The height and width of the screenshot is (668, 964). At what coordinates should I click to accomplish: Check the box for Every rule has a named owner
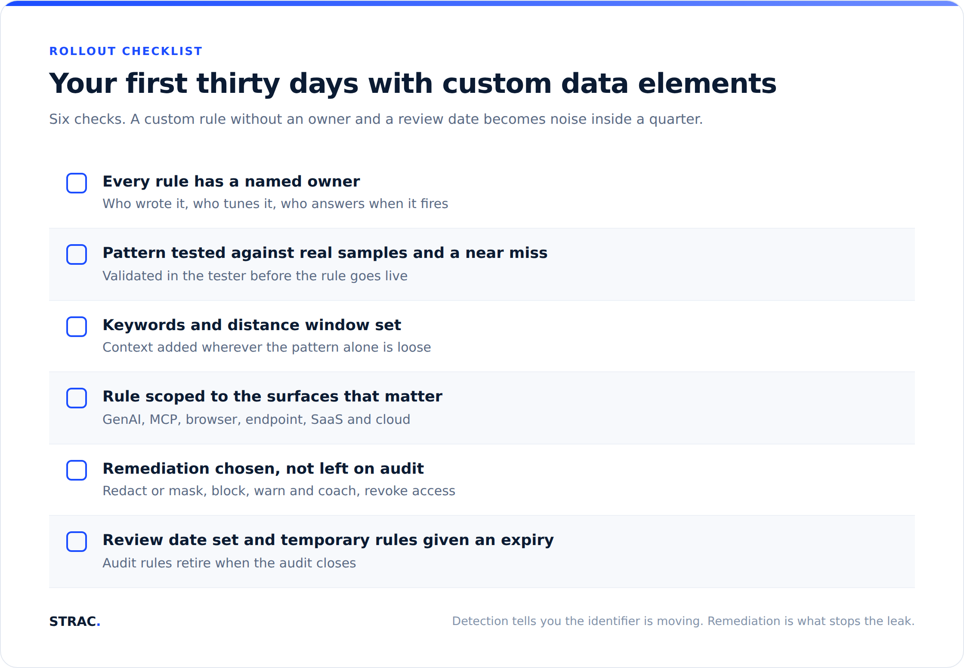(77, 183)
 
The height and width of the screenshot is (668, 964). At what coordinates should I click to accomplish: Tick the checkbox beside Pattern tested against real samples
(77, 254)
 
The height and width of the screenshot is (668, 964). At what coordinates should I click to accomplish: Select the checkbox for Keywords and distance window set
(77, 327)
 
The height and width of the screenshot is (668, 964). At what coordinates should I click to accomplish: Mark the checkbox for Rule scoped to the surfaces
(77, 398)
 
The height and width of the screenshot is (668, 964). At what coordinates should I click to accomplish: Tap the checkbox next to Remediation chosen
(77, 470)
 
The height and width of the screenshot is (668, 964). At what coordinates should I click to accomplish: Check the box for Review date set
(77, 542)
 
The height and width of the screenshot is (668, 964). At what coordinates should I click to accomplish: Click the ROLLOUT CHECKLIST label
(126, 51)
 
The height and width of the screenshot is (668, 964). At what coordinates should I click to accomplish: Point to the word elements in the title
(707, 83)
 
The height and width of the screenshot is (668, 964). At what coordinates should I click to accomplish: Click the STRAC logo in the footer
(74, 621)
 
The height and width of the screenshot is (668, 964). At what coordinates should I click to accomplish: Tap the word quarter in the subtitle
(676, 119)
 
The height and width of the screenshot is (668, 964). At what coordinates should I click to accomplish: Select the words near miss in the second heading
(507, 253)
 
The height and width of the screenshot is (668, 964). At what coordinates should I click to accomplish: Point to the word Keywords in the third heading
(144, 325)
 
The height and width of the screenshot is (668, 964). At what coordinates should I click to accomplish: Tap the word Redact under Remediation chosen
(125, 491)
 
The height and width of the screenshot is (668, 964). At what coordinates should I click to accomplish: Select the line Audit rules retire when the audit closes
(229, 563)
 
